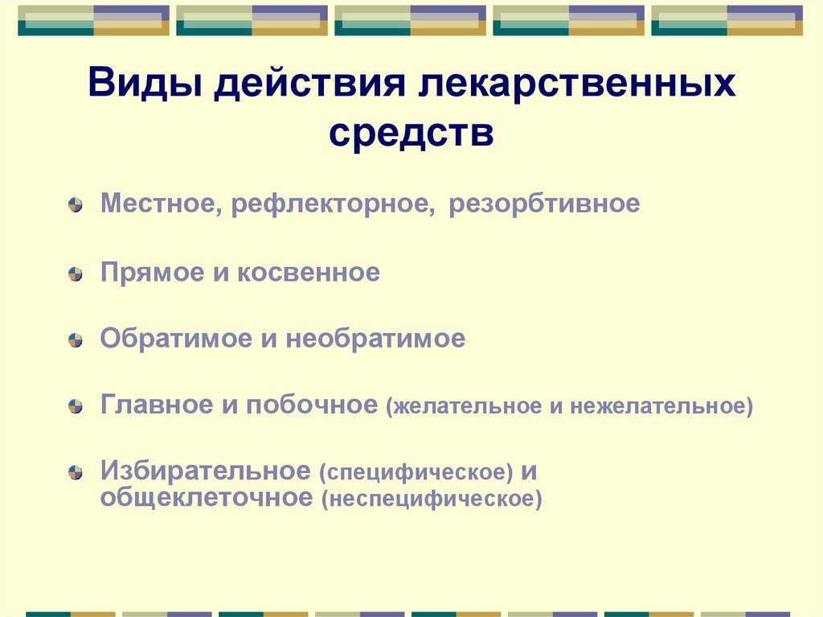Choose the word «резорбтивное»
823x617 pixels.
pos(544,204)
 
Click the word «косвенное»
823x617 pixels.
pos(308,272)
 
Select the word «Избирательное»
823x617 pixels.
pos(205,471)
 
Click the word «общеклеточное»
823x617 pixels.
pos(206,497)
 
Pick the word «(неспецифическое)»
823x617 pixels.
pos(432,499)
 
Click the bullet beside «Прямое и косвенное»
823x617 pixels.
pos(75,274)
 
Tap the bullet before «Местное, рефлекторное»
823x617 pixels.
pos(75,206)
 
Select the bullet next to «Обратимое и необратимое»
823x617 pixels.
pos(75,341)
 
